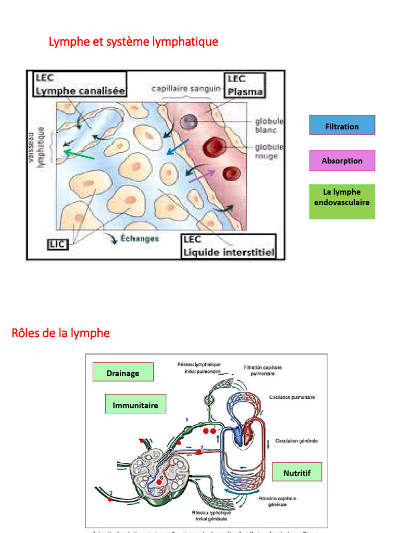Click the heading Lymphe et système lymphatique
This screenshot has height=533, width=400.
pos(133,42)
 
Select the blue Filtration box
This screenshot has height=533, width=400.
pos(342,125)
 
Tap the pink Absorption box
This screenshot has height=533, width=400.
pos(342,160)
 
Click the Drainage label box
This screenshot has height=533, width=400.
pos(123,373)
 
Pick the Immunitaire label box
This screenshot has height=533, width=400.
pos(135,404)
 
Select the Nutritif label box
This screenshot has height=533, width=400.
pos(297,473)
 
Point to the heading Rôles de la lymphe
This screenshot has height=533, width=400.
pos(60,333)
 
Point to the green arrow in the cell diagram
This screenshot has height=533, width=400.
pos(79,154)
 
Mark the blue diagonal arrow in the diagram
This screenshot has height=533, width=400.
pos(178,147)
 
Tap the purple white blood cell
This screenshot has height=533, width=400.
pos(189,122)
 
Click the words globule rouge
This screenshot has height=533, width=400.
pos(269,151)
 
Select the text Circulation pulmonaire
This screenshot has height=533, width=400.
pos(292,397)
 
